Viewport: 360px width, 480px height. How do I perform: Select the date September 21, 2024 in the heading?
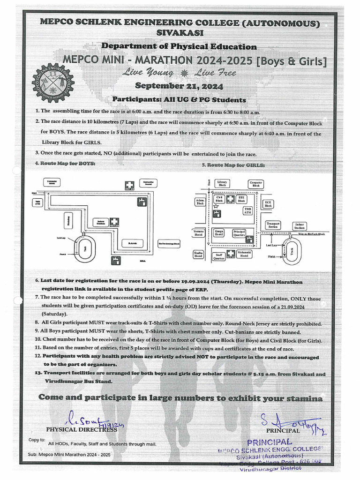tap(179, 86)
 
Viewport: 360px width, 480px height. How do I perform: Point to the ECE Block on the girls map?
tap(268, 203)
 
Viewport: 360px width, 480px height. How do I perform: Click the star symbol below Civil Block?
tap(216, 206)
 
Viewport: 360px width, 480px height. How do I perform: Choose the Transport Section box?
tap(273, 225)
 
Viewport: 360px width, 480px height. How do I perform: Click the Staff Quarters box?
tap(219, 256)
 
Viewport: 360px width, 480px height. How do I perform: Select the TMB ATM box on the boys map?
tap(37, 202)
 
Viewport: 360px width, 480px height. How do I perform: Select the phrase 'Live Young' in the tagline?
tap(148, 73)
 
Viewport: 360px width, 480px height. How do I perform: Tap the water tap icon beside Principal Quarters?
tap(250, 239)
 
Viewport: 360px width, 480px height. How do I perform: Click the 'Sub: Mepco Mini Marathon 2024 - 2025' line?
tap(69, 455)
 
